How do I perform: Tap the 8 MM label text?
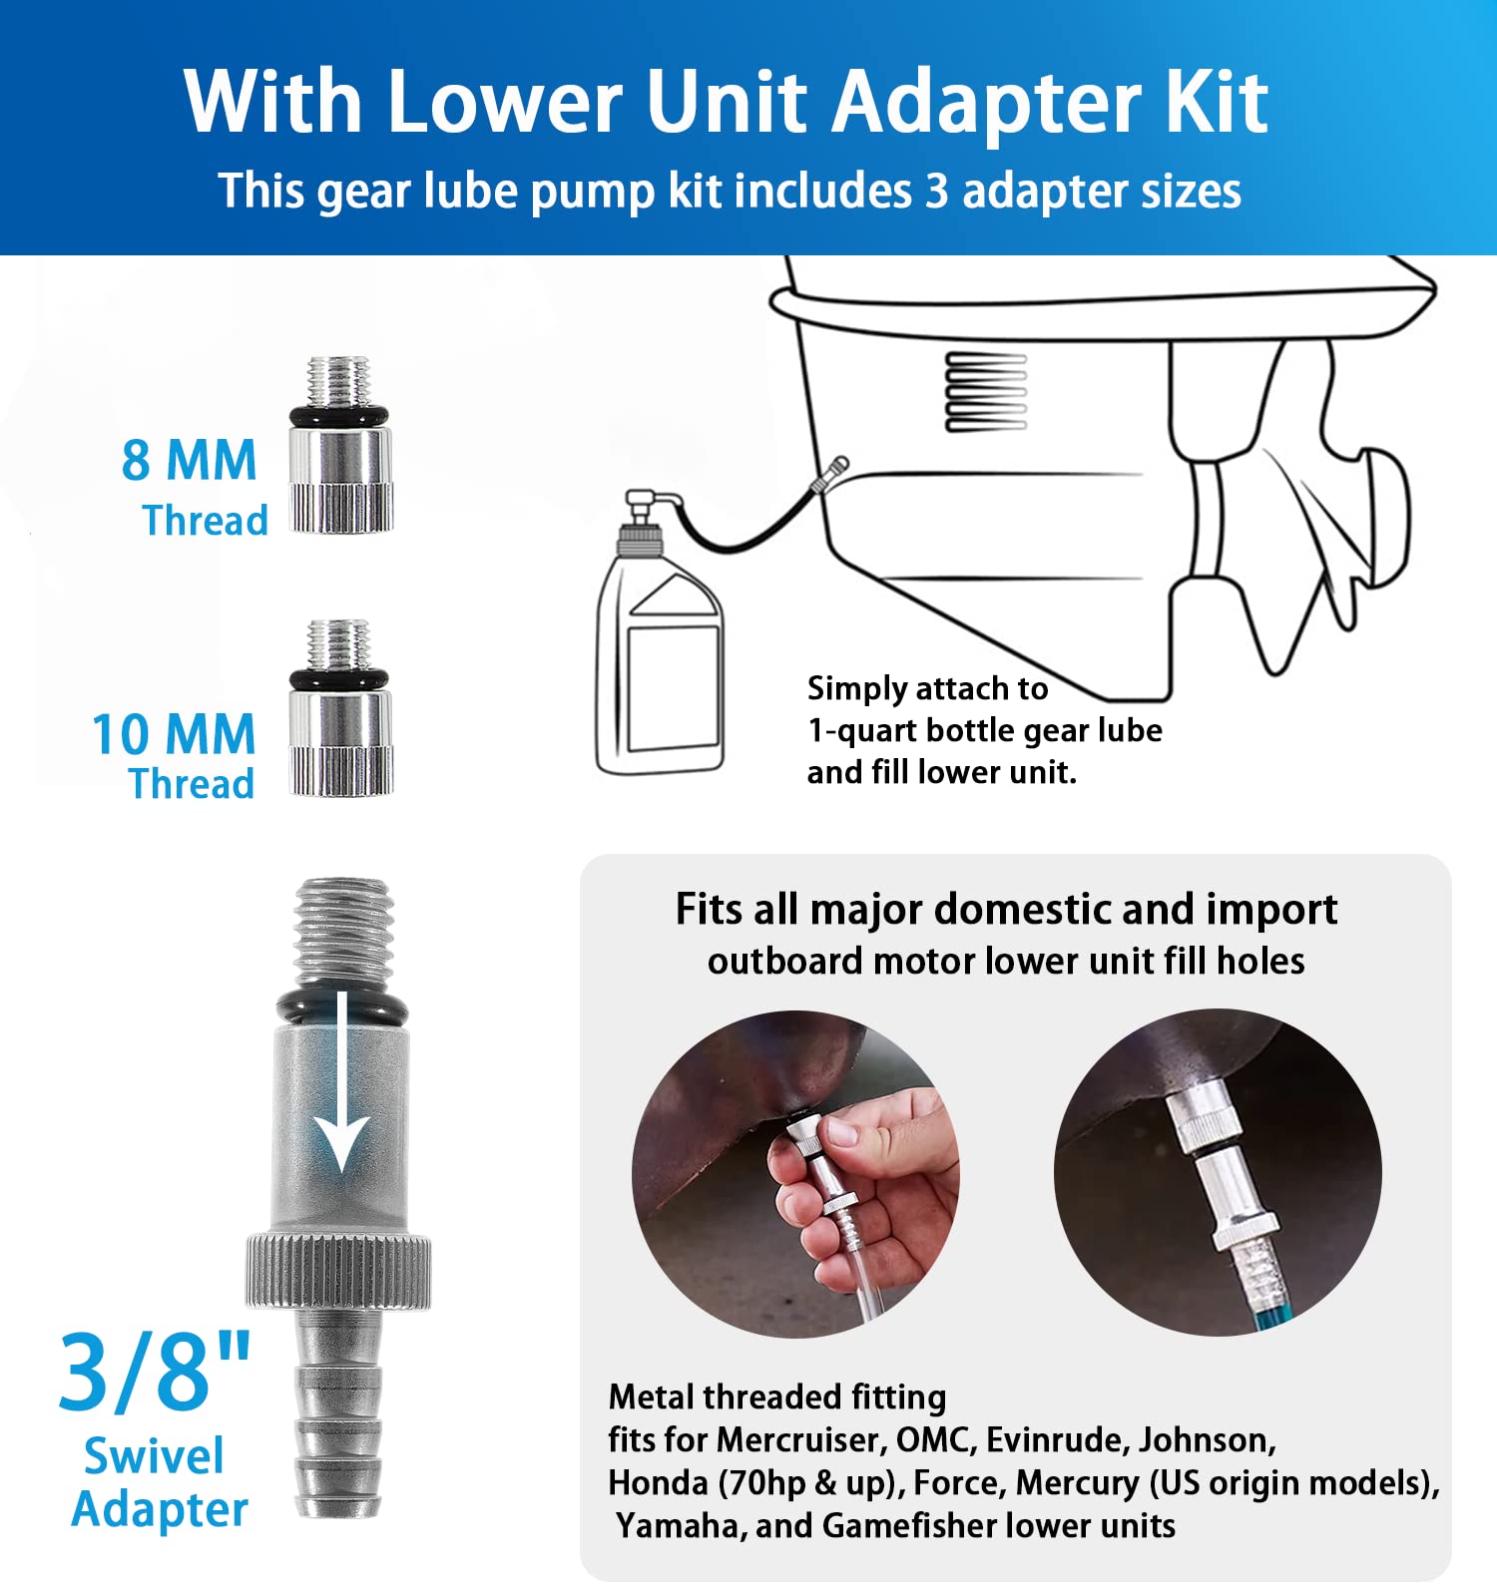click(x=189, y=461)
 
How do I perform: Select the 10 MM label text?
click(x=174, y=735)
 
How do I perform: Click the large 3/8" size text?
click(x=155, y=1374)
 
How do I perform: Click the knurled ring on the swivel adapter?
click(x=339, y=1271)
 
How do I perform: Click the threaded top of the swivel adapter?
click(x=342, y=928)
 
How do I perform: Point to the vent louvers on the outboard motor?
click(x=986, y=391)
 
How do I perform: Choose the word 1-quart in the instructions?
click(x=862, y=730)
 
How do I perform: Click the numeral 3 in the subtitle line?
click(x=935, y=191)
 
